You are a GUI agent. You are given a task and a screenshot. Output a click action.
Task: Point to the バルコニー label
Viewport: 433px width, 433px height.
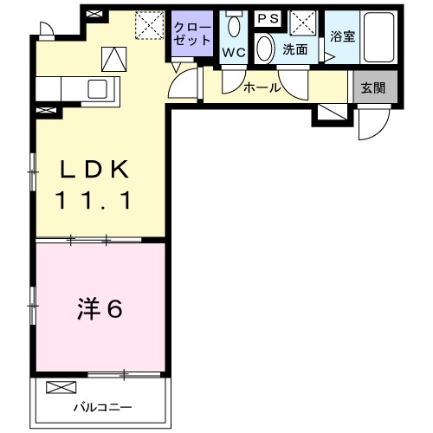tap(102, 406)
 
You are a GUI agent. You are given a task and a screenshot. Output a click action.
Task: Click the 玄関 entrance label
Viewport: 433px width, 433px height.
tap(374, 87)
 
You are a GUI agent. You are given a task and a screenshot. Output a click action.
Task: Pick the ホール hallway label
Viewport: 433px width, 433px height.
tap(262, 87)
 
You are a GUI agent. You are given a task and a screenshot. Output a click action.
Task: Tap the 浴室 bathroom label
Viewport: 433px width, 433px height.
tap(343, 36)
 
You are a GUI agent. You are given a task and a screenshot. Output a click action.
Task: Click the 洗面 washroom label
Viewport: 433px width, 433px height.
tap(294, 49)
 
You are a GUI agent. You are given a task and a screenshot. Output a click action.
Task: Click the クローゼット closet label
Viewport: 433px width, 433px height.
tap(192, 34)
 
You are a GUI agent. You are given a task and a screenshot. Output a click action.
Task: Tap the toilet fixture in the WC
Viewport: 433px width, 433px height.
tap(233, 24)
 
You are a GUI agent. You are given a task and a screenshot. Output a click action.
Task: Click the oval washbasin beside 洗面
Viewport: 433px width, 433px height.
tap(265, 48)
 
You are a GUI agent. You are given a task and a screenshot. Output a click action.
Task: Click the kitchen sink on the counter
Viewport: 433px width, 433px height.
tap(96, 88)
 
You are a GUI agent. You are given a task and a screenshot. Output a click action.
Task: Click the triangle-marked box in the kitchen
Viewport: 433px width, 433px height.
tap(114, 59)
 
